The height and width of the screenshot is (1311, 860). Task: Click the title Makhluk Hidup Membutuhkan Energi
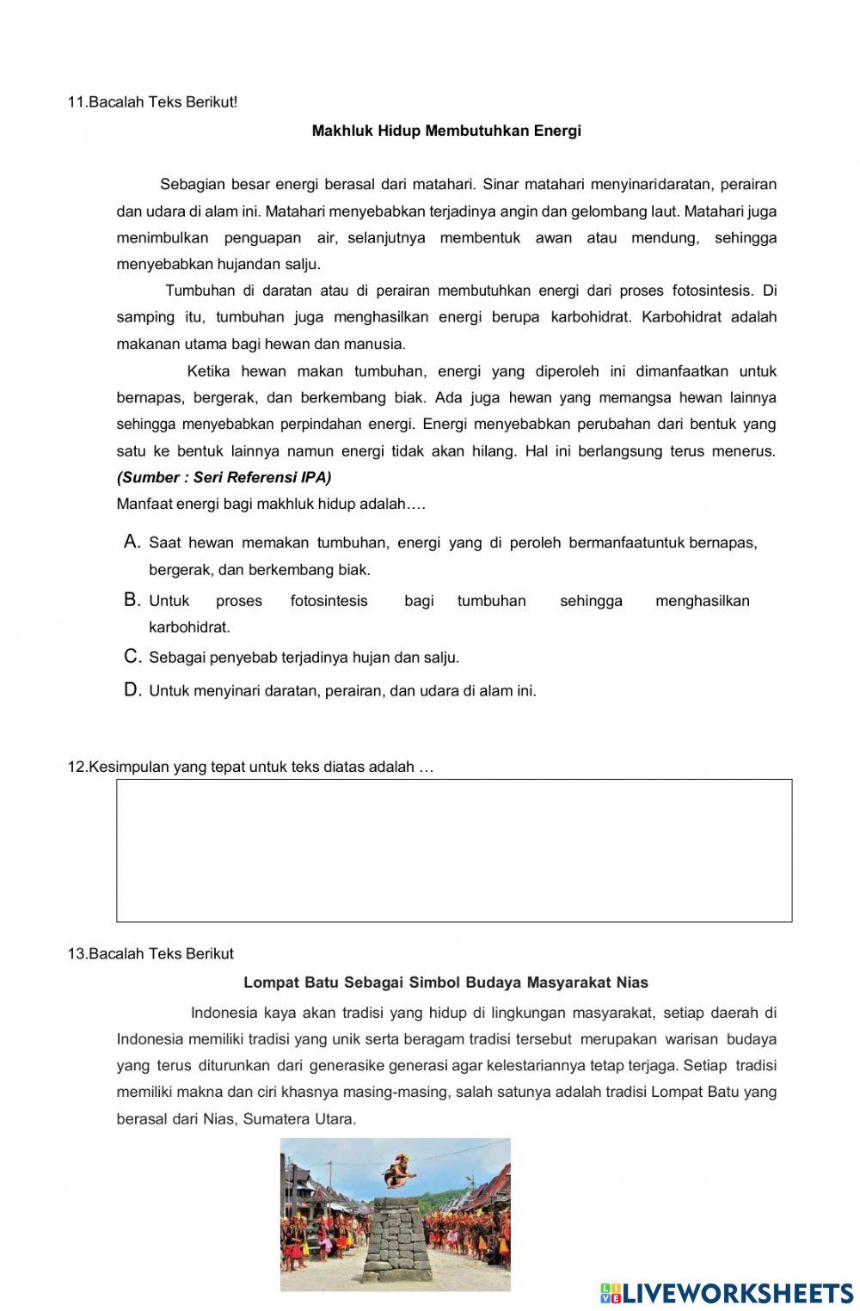[x=446, y=131]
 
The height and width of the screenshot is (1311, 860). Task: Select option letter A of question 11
[x=132, y=542]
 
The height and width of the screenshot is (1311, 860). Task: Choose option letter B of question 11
[x=132, y=600]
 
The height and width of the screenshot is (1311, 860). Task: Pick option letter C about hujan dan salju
[x=132, y=657]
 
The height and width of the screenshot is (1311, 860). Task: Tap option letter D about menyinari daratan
[x=132, y=689]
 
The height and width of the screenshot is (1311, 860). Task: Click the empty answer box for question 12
[x=454, y=850]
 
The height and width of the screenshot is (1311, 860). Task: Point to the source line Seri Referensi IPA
[x=224, y=477]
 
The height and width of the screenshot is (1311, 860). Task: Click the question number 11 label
[x=77, y=102]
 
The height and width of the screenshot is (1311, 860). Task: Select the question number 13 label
[x=77, y=953]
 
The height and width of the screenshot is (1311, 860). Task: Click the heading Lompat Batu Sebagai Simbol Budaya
[x=445, y=982]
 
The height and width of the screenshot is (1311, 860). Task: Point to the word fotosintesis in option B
[x=329, y=601]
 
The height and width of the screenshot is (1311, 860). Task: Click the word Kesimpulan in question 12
[x=129, y=767]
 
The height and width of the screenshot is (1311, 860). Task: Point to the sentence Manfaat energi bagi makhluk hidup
[x=271, y=504]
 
